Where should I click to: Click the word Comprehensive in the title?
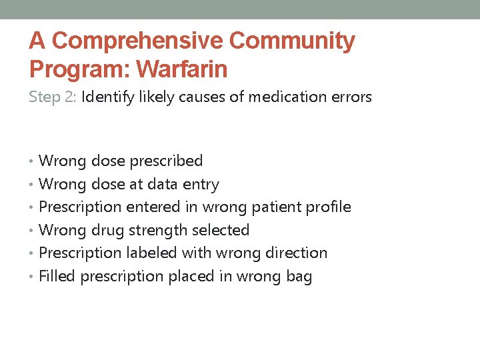pyautogui.click(x=138, y=41)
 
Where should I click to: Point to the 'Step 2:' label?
pyautogui.click(x=53, y=97)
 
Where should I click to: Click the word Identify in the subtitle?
pyautogui.click(x=106, y=97)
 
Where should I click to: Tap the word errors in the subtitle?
pyautogui.click(x=351, y=97)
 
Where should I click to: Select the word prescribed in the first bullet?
pyautogui.click(x=167, y=161)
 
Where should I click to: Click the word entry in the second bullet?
pyautogui.click(x=201, y=184)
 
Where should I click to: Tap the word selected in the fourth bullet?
pyautogui.click(x=221, y=230)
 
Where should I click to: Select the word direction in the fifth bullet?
pyautogui.click(x=298, y=253)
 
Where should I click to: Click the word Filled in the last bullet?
pyautogui.click(x=57, y=276)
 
